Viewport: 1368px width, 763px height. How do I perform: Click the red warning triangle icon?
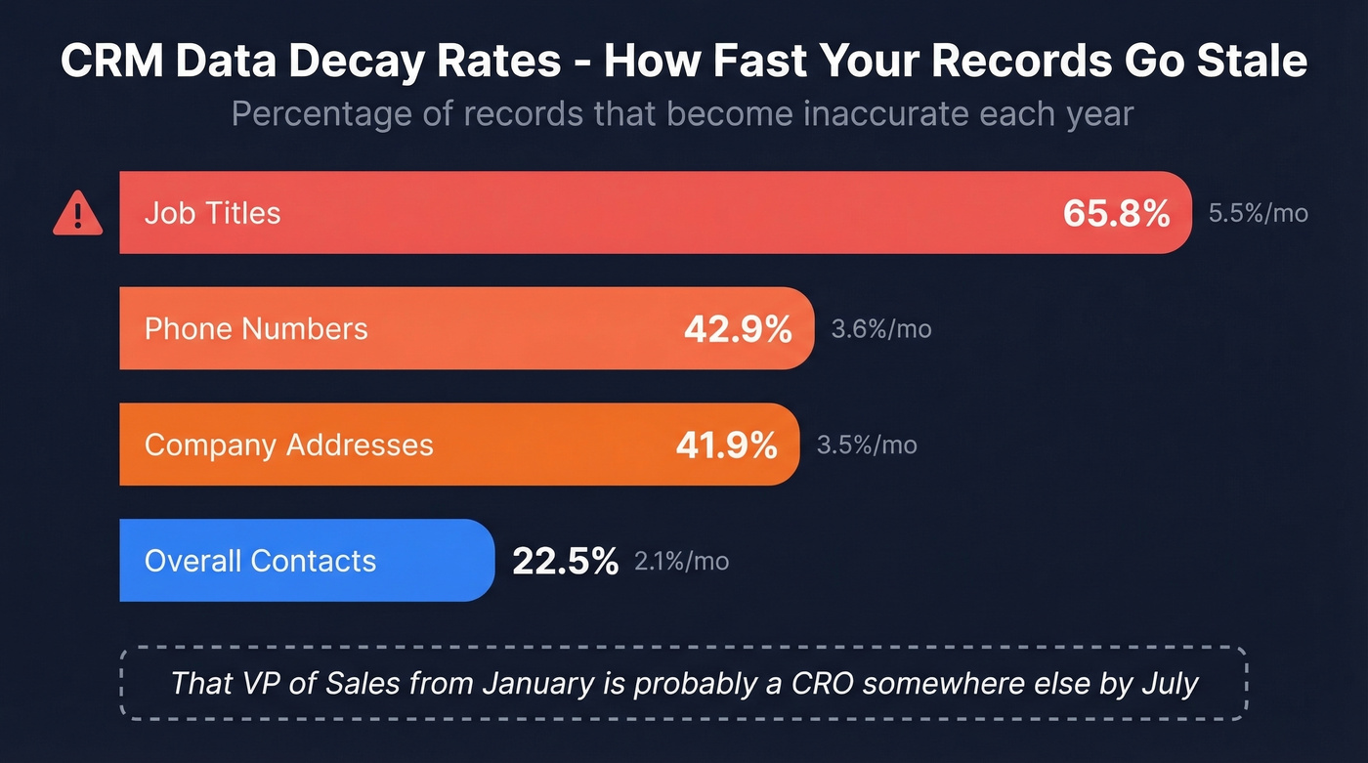click(x=77, y=214)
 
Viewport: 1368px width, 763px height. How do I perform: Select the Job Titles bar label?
click(x=212, y=213)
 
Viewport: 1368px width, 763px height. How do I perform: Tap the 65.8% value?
click(x=1116, y=213)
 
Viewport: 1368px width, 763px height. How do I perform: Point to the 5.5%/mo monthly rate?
click(x=1258, y=213)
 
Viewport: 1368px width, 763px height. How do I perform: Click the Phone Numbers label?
click(x=256, y=328)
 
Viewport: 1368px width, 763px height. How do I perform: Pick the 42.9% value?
click(x=737, y=329)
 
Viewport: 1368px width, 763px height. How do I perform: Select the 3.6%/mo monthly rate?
click(x=880, y=329)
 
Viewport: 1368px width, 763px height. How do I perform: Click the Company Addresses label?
click(x=288, y=445)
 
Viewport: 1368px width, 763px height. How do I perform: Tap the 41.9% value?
click(x=726, y=445)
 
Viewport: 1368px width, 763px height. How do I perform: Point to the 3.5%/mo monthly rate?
click(x=866, y=445)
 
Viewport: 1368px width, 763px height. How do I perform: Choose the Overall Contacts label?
click(x=260, y=561)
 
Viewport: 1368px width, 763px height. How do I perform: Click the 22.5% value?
click(x=565, y=561)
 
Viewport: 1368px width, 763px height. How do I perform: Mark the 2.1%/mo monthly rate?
click(x=681, y=561)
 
